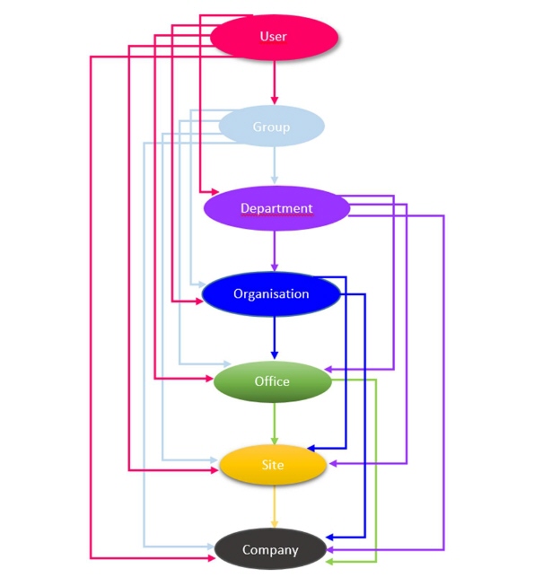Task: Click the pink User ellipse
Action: (x=275, y=37)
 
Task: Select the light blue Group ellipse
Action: (x=271, y=127)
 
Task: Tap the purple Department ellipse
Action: (x=276, y=208)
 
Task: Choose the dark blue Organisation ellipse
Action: (x=271, y=293)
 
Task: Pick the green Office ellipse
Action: (x=273, y=381)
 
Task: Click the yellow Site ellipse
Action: (x=273, y=465)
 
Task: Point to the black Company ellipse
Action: (x=270, y=549)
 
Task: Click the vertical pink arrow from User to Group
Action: (x=275, y=83)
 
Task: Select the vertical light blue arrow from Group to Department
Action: (x=275, y=165)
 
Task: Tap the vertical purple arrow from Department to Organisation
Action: (x=275, y=250)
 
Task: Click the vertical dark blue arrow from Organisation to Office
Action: (x=275, y=337)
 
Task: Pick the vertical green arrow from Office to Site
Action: (x=275, y=424)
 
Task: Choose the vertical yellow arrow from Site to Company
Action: (x=275, y=506)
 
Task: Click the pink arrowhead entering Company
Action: (x=212, y=558)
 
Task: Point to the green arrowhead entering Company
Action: (x=329, y=562)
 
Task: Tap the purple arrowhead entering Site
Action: (x=333, y=463)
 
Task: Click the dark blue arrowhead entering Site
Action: (x=311, y=448)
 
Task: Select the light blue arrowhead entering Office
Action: (x=227, y=363)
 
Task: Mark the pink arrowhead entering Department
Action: (x=215, y=192)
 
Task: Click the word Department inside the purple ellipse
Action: (x=276, y=208)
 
